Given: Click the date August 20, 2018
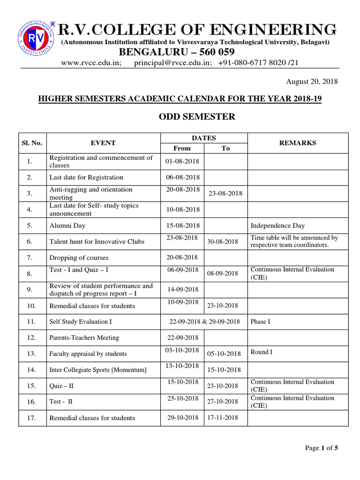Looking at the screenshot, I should (312, 82).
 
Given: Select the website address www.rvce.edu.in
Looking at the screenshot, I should (94, 63).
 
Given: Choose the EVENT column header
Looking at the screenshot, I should (103, 143).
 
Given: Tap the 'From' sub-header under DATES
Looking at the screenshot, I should (182, 148).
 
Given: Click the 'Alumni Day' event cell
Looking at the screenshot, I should (67, 225).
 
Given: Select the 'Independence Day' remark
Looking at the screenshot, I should (277, 225).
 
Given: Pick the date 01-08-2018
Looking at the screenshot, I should (182, 161).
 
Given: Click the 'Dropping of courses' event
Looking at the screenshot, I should (79, 257).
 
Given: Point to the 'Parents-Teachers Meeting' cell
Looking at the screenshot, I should (84, 337).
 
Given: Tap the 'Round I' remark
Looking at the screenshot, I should (262, 352).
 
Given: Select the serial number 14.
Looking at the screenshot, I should (32, 369).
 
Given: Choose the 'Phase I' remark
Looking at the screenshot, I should (261, 322).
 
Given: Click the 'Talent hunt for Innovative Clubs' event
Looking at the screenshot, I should (97, 241).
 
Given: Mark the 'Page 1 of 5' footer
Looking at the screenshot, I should (322, 448).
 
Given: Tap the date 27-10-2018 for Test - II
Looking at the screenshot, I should (223, 402).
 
